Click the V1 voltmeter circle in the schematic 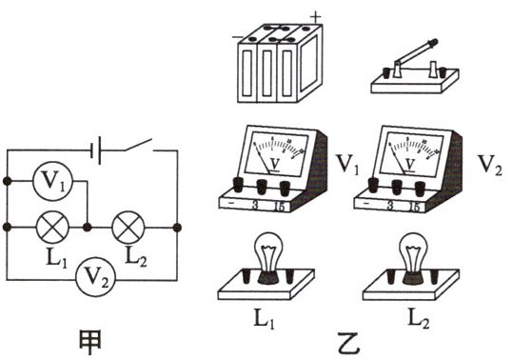[52, 181]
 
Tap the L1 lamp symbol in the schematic [52, 227]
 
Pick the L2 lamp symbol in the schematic [128, 227]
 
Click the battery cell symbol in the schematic [95, 150]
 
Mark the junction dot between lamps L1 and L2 [87, 227]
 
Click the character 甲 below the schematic [90, 342]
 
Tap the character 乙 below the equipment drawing [349, 344]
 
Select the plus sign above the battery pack [315, 17]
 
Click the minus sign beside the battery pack [237, 37]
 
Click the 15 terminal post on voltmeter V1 [285, 188]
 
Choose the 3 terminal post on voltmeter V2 [397, 188]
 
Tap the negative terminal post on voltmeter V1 [238, 185]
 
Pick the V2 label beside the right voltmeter [489, 165]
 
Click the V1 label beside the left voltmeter [347, 164]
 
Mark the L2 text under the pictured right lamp [418, 318]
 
